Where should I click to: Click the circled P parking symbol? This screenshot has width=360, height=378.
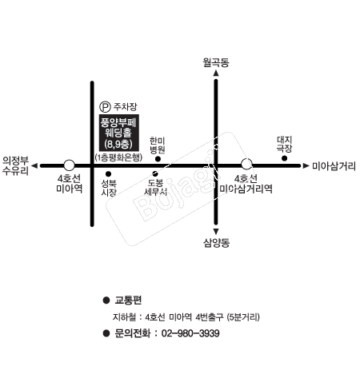105,107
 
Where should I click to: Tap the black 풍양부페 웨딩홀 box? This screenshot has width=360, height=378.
119,133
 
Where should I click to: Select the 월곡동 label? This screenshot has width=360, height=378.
216,62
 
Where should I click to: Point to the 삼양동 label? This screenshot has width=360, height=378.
216,243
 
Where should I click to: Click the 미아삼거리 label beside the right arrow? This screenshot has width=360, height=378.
334,166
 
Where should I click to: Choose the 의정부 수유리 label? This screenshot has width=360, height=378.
15,165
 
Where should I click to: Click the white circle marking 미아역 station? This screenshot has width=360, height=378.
69,165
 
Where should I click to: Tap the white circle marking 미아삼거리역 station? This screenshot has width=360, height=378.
246,164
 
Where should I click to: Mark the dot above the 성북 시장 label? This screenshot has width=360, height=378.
108,174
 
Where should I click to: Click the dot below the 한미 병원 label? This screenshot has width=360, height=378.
158,159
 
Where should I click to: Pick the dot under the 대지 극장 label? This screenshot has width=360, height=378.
285,158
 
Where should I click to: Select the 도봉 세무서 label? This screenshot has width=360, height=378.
156,187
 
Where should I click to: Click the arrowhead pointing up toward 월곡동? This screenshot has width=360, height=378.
216,73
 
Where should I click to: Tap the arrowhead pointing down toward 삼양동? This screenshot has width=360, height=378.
216,231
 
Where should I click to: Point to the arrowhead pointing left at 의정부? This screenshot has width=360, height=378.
34,165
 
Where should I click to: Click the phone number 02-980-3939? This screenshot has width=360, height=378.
190,333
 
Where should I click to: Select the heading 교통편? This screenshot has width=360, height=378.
128,300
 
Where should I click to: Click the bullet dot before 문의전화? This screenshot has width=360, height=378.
106,333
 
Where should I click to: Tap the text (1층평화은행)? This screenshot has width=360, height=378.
118,157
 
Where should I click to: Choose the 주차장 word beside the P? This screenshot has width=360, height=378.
125,107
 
